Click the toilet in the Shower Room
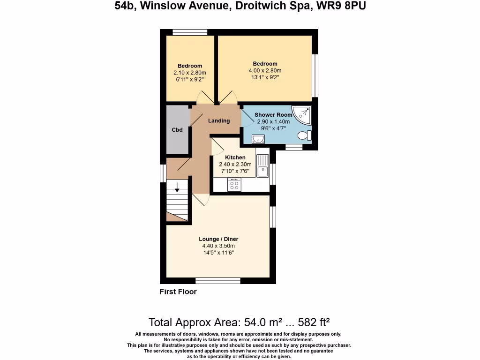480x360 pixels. coord(304,135)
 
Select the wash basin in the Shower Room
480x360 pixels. coord(258,139)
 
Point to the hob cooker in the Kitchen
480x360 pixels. coord(234,185)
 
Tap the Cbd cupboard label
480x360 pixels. coord(177,130)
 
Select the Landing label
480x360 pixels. coord(219,120)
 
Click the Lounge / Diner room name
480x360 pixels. coord(218,239)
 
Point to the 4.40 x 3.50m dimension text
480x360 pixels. coord(218,246)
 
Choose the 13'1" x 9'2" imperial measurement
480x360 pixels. coord(265,77)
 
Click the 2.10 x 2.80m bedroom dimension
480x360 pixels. coord(190,73)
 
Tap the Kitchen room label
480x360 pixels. coord(235,157)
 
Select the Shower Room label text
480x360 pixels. coord(273,115)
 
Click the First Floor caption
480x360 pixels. coord(178,292)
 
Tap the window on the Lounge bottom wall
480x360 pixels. coord(218,281)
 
